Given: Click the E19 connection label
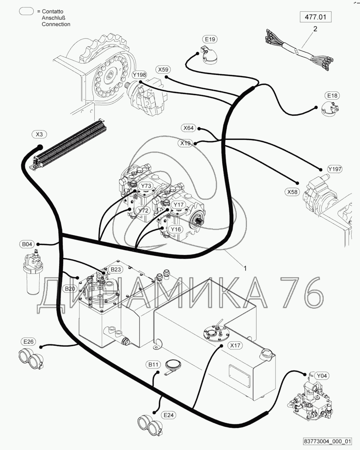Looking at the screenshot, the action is click(x=210, y=39).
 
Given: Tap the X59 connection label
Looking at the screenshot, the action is click(x=163, y=70).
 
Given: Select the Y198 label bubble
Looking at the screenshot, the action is click(x=140, y=75).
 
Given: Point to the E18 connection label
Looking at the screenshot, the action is click(x=332, y=96).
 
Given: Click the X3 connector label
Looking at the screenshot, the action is click(x=39, y=134).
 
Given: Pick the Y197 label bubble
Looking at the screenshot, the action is click(x=335, y=169).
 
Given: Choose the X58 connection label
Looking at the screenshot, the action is click(x=292, y=192).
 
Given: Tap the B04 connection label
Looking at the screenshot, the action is click(x=27, y=244).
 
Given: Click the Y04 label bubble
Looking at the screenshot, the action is click(x=322, y=376).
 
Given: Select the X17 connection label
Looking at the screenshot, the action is click(x=235, y=345).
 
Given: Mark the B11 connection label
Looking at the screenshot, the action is click(x=153, y=364).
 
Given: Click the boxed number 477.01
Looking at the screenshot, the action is click(x=316, y=17).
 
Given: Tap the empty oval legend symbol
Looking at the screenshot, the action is click(x=26, y=11).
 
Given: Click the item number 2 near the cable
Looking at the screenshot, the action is click(x=315, y=29).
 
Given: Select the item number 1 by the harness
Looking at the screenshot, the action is click(x=245, y=268).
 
